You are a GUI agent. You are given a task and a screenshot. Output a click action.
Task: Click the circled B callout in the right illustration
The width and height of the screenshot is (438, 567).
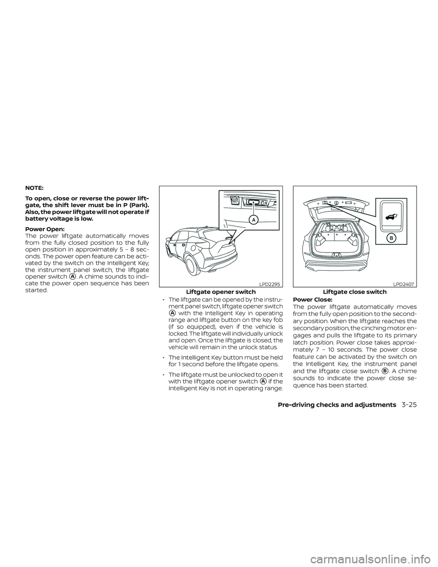[x=391, y=238]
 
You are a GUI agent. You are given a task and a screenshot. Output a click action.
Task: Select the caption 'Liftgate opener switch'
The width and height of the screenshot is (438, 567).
[x=221, y=292]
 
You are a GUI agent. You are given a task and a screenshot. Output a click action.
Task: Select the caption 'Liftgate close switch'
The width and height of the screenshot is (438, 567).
[x=355, y=292]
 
